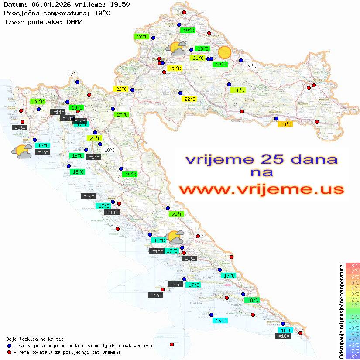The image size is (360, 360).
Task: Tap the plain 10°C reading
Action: click(110, 150)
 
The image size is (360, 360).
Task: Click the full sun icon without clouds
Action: click(225, 52)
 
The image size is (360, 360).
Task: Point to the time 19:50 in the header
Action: click(119, 4)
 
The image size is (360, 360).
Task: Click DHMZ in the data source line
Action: click(74, 21)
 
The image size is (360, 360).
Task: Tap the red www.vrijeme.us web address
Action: click(261, 189)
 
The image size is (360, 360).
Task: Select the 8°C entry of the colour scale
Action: click(353, 265)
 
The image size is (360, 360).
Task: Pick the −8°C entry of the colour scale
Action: click(353, 357)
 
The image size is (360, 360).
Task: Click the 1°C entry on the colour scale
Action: click(353, 305)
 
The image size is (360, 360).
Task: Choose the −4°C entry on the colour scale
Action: click(353, 334)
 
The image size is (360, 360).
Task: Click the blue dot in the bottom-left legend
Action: click(9, 346)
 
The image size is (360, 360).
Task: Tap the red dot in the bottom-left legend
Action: click(9, 352)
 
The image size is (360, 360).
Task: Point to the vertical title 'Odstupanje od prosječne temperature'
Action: click(341, 311)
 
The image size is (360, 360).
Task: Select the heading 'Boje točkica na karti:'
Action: click(35, 339)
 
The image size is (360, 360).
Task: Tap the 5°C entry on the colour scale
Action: click(353, 282)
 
